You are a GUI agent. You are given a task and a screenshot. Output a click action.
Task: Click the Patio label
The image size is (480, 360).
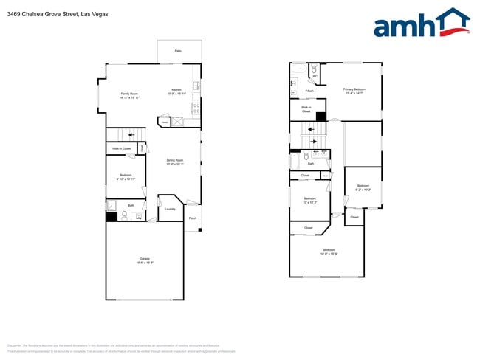[x=178, y=51]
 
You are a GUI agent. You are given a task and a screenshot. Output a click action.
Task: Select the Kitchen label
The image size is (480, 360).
[x=176, y=91]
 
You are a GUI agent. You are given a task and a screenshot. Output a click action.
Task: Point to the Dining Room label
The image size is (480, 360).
[x=174, y=162]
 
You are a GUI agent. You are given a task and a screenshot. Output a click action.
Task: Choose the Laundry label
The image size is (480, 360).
[x=169, y=208]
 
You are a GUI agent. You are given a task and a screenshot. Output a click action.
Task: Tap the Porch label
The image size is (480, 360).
[x=193, y=218]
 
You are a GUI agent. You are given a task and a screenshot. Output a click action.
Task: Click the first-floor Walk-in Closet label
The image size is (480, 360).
[x=122, y=149]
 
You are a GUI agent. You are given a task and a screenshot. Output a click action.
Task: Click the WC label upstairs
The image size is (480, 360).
[x=315, y=76]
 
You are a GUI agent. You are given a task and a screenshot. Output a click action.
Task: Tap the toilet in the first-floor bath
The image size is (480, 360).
[x=126, y=215]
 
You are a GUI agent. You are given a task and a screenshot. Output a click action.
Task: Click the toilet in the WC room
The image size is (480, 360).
[x=315, y=68]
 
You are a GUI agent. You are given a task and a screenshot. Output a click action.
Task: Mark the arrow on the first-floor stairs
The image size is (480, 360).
[x=131, y=134]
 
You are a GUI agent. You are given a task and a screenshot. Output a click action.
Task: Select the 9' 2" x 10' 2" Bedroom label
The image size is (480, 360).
[x=363, y=187]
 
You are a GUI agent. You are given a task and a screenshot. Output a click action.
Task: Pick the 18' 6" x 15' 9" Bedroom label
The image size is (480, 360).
[x=329, y=252]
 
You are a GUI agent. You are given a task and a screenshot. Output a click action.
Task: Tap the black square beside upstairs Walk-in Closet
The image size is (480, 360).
[x=320, y=116]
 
